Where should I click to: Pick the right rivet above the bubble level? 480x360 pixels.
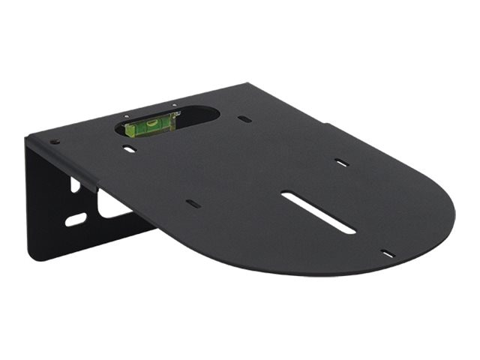click(173, 105)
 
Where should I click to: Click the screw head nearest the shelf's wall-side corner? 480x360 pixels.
click(54, 142)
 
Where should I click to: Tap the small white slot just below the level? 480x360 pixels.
click(130, 149)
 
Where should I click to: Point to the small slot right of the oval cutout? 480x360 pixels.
click(244, 118)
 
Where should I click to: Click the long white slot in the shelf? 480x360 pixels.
click(318, 212)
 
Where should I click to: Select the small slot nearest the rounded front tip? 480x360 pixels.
click(387, 253)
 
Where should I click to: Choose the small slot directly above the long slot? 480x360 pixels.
click(341, 162)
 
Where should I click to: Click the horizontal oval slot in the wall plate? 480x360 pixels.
click(76, 219)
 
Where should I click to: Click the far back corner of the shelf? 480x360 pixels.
click(251, 84)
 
